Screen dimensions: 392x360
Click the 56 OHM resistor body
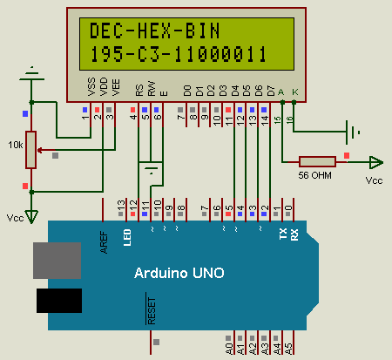317,162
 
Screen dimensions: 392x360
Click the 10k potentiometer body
30,150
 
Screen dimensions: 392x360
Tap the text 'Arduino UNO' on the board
179,273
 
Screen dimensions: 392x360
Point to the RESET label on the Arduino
152,310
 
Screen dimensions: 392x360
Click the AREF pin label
104,242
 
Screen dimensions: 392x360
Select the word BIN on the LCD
202,31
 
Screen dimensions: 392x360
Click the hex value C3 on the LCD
149,54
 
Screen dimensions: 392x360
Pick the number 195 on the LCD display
106,54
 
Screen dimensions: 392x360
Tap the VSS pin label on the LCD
91,86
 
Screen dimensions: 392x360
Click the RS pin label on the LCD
139,90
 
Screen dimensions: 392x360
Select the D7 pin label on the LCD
271,91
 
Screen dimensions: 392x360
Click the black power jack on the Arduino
59,301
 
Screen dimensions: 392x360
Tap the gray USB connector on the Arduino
57,261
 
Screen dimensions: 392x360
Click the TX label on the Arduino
283,234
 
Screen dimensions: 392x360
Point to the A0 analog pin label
229,349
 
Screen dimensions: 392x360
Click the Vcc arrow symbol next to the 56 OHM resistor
376,162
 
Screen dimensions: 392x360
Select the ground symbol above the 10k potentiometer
32,74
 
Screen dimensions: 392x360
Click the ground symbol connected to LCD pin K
353,132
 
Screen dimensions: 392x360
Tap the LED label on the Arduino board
127,237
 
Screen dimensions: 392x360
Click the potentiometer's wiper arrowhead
39,150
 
